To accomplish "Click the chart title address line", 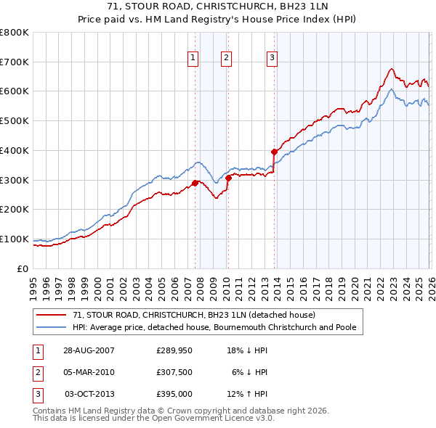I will coord(217,7).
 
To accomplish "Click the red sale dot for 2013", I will coord(274,152).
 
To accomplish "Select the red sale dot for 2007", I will coord(195,183).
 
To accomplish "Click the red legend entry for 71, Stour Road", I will coord(193,316).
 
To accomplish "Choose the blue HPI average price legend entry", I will coord(214,328).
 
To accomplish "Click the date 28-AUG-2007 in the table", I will coord(89,350).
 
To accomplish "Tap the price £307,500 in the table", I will coord(174,372).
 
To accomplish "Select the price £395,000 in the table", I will coord(174,394).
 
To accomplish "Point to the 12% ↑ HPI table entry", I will coord(246,394).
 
